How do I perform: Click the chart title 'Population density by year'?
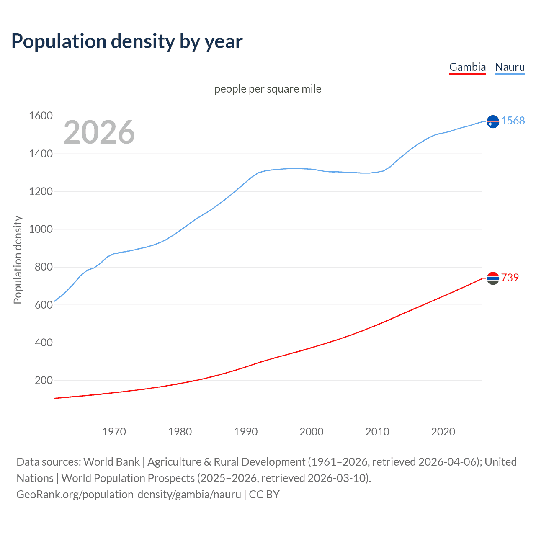click(127, 41)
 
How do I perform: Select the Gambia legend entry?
click(467, 67)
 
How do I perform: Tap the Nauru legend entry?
click(510, 67)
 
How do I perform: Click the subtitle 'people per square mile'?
click(268, 89)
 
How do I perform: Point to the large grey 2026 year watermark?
click(99, 132)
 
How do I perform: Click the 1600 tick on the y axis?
click(41, 116)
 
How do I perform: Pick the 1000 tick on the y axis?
click(41, 229)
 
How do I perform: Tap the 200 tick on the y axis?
click(44, 381)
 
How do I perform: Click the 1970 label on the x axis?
click(114, 432)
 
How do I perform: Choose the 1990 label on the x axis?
click(246, 432)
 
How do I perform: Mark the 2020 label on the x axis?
click(443, 432)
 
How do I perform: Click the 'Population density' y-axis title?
click(18, 260)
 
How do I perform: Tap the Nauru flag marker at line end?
click(493, 121)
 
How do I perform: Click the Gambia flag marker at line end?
click(493, 278)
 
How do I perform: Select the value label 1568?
click(513, 121)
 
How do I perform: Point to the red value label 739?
click(510, 278)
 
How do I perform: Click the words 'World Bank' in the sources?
click(111, 462)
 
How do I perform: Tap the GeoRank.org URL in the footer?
click(129, 495)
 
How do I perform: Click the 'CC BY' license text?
click(264, 495)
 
